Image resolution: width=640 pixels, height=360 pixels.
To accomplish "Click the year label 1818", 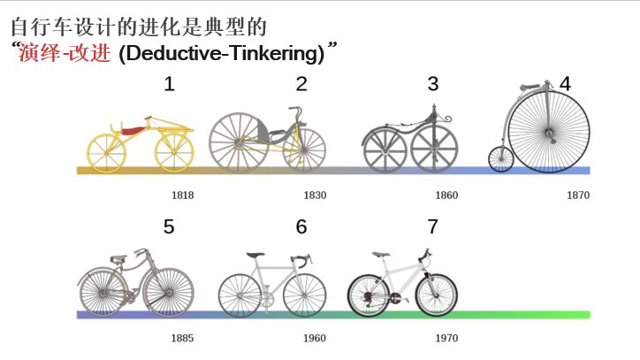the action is (x=182, y=195).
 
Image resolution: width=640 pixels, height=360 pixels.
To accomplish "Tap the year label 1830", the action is (x=315, y=195).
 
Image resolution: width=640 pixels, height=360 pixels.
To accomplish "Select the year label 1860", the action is (x=446, y=195).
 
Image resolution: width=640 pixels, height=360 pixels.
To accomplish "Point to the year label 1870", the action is (x=578, y=195).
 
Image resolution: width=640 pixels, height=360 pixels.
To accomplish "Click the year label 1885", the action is (x=182, y=339).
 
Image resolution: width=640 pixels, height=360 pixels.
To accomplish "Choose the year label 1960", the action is (x=315, y=339).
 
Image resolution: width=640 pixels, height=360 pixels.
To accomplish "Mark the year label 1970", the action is (x=446, y=339).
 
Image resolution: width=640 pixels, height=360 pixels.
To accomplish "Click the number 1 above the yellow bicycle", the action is (x=170, y=84).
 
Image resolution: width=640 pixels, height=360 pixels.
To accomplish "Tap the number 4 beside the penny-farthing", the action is (x=565, y=84).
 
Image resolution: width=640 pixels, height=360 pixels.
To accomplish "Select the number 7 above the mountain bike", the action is (x=432, y=226).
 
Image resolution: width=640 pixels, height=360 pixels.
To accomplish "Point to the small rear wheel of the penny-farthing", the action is (x=501, y=159).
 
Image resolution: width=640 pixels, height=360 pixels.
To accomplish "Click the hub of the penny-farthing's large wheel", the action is (x=549, y=132).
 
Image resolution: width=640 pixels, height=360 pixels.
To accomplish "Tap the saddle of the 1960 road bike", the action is (x=255, y=256).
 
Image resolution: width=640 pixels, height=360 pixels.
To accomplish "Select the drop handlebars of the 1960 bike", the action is (x=301, y=260).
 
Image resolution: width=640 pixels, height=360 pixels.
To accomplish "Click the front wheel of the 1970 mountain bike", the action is (x=437, y=295).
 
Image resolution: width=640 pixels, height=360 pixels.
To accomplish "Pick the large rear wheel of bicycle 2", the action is (x=239, y=142).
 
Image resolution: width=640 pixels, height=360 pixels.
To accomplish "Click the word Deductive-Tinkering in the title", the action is (x=222, y=54).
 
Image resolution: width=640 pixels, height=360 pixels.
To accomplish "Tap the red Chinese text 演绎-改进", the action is (x=65, y=53).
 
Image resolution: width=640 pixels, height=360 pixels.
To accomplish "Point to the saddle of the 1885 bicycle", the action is (x=118, y=258).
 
